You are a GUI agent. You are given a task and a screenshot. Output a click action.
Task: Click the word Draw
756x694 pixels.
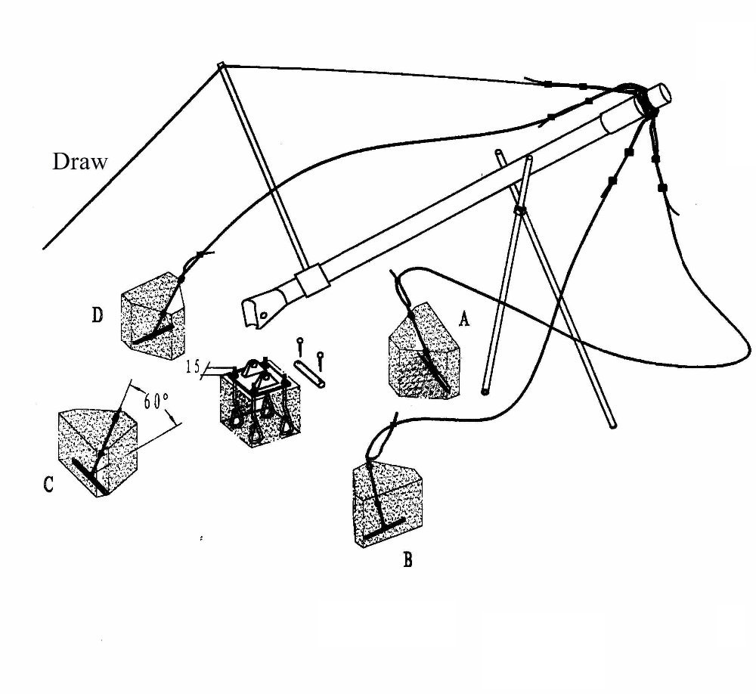(x=80, y=161)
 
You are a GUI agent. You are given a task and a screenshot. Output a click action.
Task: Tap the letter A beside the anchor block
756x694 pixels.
(x=465, y=320)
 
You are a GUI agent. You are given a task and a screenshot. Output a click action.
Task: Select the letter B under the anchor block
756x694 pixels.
(x=407, y=560)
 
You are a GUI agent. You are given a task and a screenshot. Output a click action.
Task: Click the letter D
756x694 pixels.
(x=98, y=314)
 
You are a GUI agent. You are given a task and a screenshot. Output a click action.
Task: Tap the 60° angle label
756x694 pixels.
(x=154, y=401)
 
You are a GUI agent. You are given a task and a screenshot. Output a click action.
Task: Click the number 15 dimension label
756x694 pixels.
(x=193, y=367)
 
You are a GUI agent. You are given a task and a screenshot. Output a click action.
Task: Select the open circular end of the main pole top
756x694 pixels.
(x=658, y=95)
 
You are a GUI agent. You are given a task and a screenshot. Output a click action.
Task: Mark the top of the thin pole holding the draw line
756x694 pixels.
(x=221, y=67)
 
